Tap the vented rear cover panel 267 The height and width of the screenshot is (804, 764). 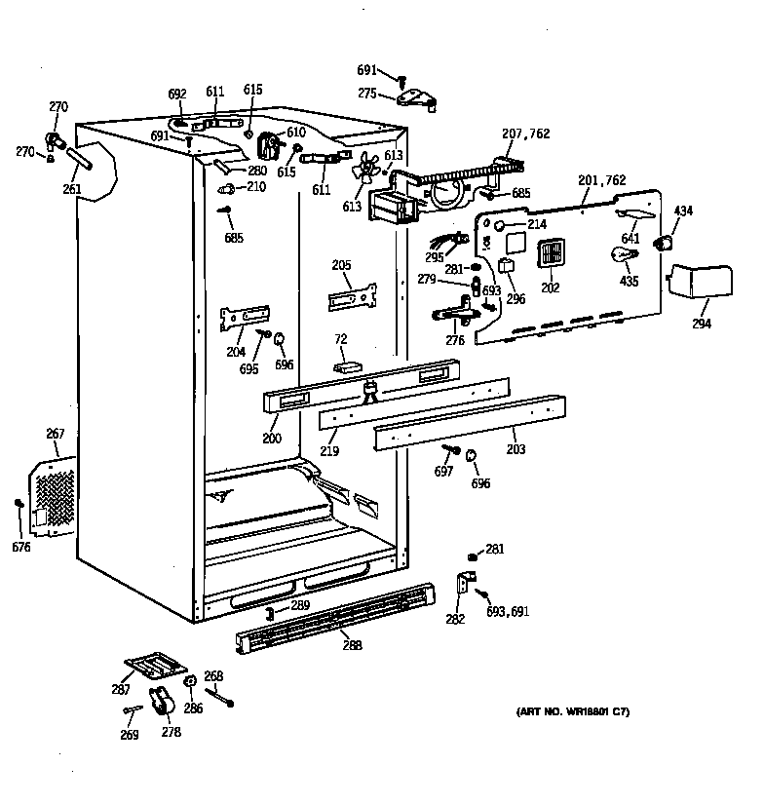(54, 497)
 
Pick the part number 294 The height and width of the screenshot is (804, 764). (701, 325)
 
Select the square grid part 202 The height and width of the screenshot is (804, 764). (552, 253)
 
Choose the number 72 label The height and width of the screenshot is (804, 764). (341, 338)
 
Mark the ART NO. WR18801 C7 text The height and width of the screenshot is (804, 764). (572, 713)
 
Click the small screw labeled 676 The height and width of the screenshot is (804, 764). (19, 504)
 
